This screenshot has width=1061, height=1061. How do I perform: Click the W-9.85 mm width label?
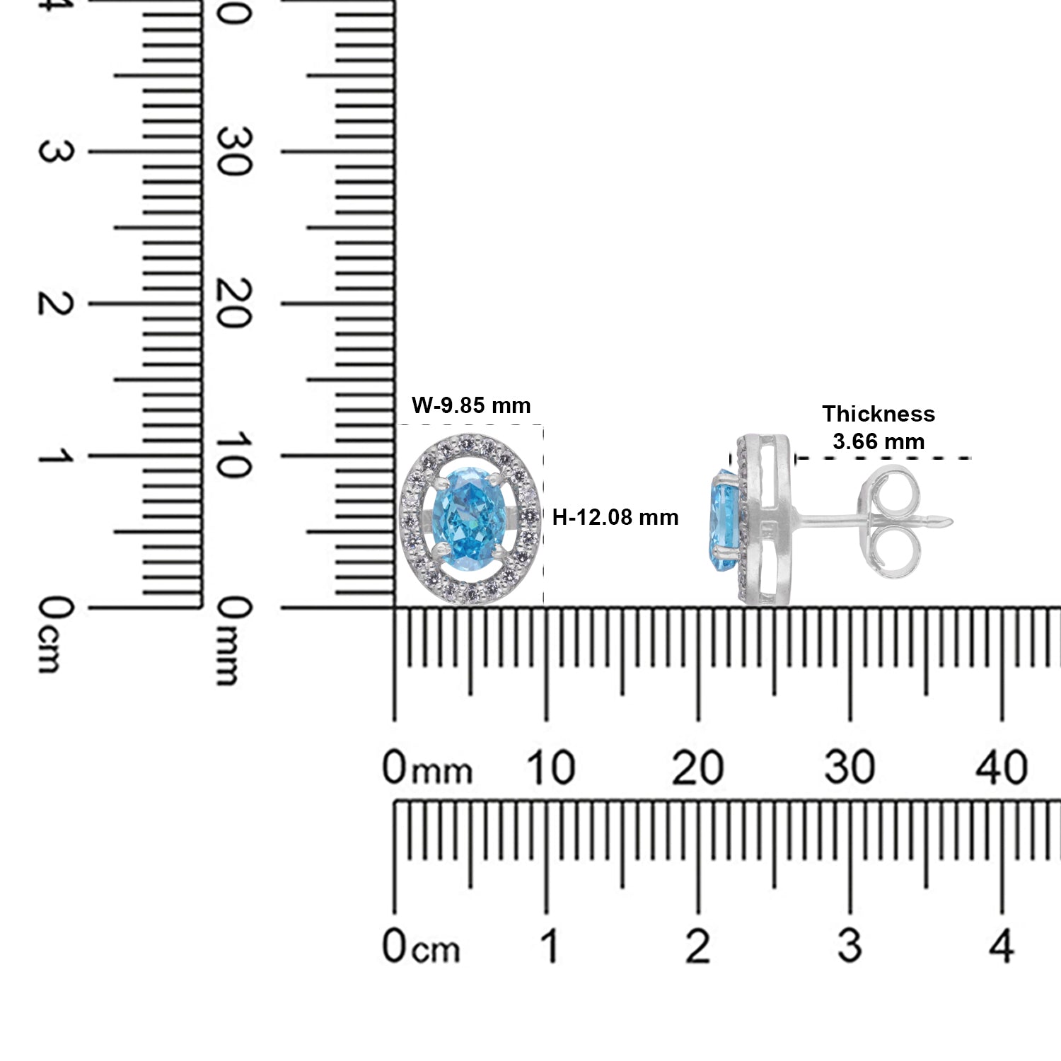click(x=471, y=405)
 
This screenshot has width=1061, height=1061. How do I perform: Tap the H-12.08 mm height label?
click(x=615, y=518)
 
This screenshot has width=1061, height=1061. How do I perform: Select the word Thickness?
click(x=879, y=414)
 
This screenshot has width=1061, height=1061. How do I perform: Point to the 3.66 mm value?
click(x=879, y=442)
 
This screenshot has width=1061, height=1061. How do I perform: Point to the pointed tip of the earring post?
click(x=953, y=521)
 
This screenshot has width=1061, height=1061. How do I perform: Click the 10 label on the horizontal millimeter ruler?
click(x=552, y=767)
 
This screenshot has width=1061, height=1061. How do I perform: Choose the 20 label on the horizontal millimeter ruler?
click(x=698, y=767)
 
